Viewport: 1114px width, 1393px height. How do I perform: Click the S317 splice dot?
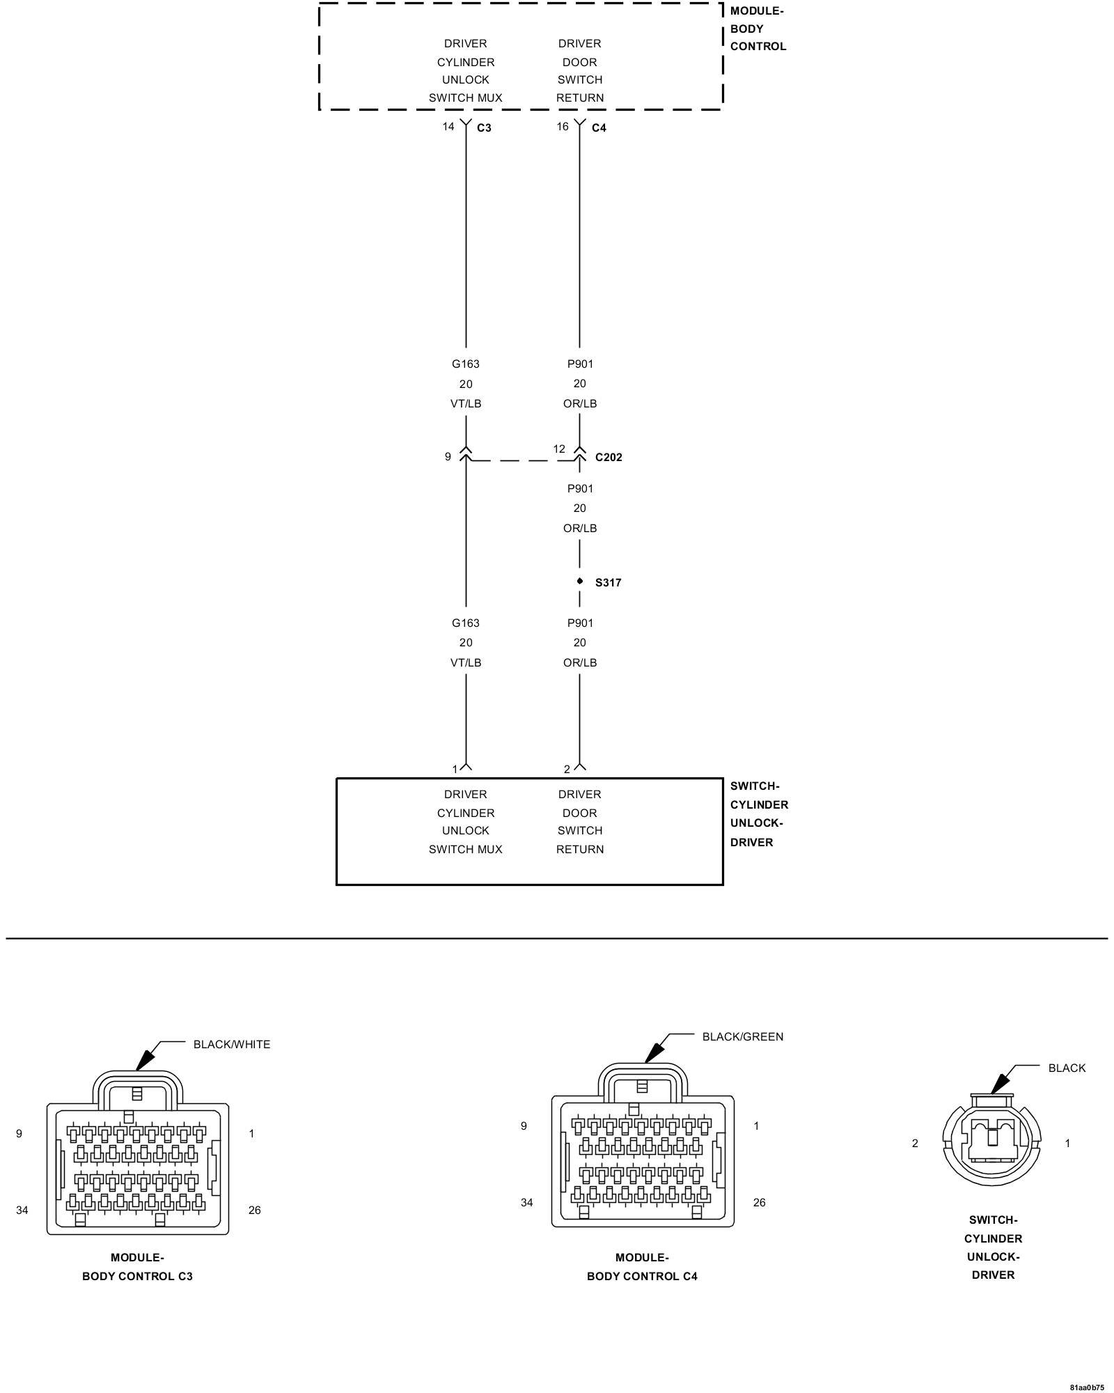(580, 581)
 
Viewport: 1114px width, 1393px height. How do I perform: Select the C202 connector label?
(609, 458)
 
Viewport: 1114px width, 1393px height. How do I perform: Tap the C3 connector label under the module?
(484, 128)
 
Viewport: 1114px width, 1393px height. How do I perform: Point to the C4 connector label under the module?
(599, 128)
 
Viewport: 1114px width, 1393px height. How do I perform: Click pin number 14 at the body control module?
(448, 126)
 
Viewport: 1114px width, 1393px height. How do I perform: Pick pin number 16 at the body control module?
(563, 126)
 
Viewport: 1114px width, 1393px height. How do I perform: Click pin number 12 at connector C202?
(559, 449)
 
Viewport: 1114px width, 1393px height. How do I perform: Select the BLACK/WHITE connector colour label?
(231, 1044)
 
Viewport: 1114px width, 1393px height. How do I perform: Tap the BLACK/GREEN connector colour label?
(742, 1036)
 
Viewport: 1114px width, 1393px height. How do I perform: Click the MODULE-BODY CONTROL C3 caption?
(137, 1266)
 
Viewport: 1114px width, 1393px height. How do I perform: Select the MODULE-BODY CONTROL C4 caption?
(642, 1266)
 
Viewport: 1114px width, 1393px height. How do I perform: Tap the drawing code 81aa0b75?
(1087, 1387)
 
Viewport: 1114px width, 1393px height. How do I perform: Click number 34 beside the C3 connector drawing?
(22, 1210)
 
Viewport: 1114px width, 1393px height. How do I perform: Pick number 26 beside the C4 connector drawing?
(759, 1202)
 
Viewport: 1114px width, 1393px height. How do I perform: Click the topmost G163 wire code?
(466, 364)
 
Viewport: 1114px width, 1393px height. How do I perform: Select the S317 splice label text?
(608, 582)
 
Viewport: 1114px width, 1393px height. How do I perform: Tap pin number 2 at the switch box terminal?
(567, 769)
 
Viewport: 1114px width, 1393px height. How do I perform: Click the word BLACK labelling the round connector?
(1067, 1068)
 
